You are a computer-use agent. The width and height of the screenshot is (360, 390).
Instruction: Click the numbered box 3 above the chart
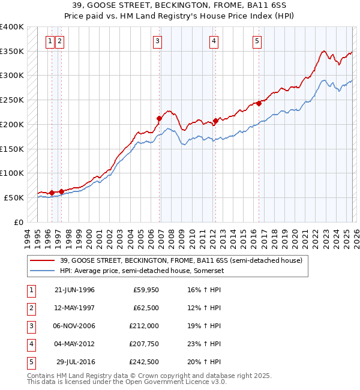point(157,41)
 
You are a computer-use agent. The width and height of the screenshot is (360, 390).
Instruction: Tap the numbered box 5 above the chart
point(257,41)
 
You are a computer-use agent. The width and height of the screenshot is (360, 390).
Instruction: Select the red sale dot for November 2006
point(160,119)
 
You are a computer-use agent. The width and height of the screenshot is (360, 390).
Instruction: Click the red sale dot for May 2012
point(215,121)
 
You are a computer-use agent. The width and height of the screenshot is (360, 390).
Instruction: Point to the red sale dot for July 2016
point(259,103)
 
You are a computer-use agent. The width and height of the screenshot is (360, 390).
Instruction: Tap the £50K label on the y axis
point(14,197)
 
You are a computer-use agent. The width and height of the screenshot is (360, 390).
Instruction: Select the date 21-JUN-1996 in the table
point(74,290)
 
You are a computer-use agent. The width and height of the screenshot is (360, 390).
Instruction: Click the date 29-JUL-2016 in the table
point(76,362)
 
